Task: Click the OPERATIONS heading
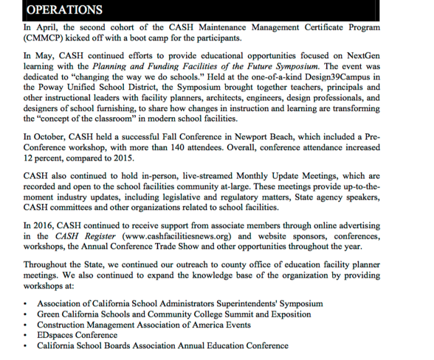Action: point(65,10)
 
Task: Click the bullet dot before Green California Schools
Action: point(24,315)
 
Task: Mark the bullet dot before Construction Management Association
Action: point(24,325)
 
